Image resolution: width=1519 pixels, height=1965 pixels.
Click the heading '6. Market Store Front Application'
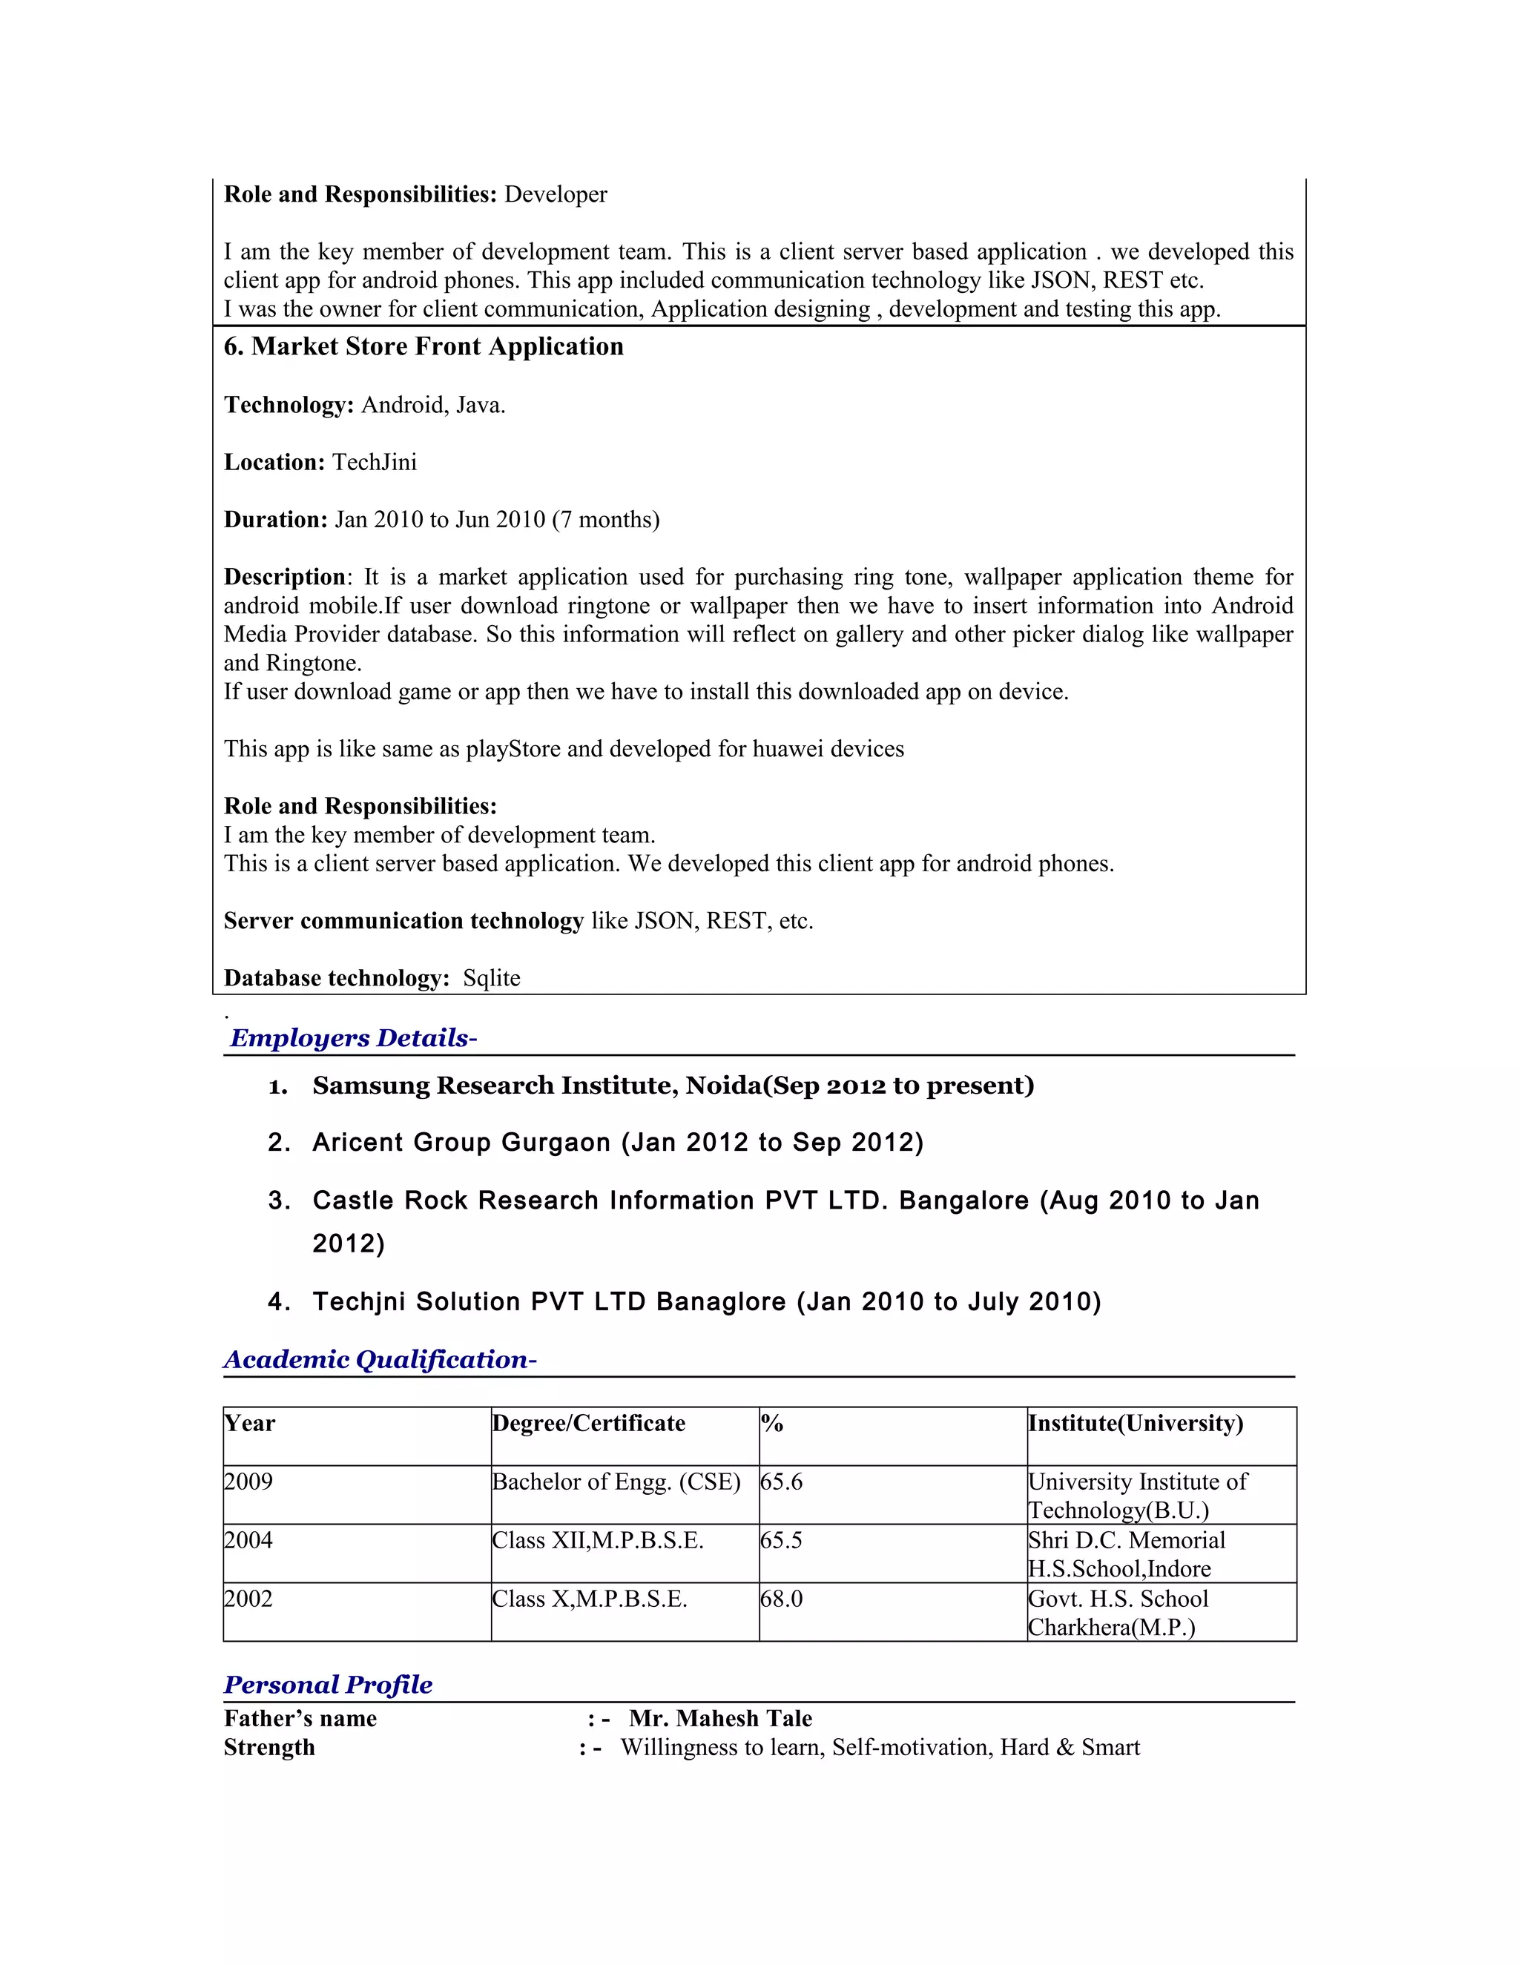[x=423, y=346]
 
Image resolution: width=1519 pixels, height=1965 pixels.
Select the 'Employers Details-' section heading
[x=353, y=1037]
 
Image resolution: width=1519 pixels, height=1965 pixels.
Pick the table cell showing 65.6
[x=781, y=1482]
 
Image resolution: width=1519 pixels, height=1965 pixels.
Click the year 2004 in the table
[x=248, y=1540]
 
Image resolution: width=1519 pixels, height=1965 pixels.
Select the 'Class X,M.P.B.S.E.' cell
[x=590, y=1599]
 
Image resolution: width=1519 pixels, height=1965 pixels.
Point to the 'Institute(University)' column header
[x=1136, y=1424]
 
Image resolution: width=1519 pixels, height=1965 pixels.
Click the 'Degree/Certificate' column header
[x=588, y=1424]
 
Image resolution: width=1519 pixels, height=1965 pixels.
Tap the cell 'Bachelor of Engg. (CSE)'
[x=616, y=1482]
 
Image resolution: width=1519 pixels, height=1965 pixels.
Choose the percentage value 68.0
[x=781, y=1599]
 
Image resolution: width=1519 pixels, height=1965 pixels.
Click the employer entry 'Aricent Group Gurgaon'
[x=461, y=1143]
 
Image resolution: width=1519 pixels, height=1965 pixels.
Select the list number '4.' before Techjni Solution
[x=279, y=1302]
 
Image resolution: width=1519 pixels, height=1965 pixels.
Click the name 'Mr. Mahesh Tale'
[x=720, y=1719]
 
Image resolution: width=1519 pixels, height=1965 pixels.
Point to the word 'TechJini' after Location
[x=375, y=463]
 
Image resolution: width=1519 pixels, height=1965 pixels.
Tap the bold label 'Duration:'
[x=275, y=520]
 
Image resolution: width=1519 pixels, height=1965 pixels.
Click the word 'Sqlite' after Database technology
[x=491, y=978]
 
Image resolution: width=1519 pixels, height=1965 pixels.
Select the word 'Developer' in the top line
[x=556, y=194]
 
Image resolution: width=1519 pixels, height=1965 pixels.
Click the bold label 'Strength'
[x=269, y=1747]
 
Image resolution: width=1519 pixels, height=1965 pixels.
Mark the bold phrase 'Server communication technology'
[x=404, y=921]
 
